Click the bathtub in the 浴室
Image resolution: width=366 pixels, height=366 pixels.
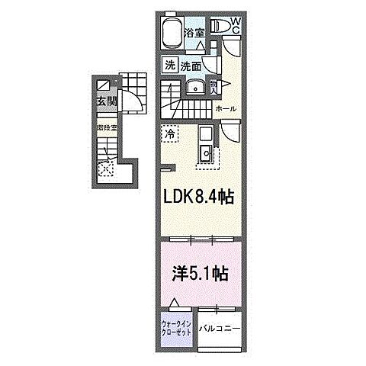point(172,35)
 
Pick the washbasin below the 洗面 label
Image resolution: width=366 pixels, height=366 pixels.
point(194,87)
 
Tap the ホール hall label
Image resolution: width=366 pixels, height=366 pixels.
point(226,110)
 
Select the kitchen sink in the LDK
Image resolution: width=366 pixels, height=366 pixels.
point(206,155)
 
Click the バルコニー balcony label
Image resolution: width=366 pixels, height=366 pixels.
point(220,329)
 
